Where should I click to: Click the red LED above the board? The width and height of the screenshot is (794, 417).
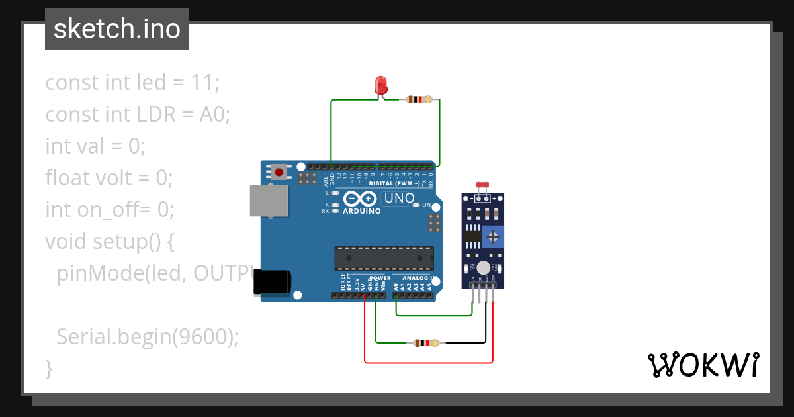(x=380, y=85)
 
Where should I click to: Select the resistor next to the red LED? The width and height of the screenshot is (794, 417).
(x=420, y=100)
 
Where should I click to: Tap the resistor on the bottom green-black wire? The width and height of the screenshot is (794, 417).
(x=425, y=343)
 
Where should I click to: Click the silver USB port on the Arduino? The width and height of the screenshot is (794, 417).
(x=268, y=201)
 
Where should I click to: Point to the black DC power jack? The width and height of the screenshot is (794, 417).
(x=272, y=281)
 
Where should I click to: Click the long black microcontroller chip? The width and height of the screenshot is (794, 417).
(x=384, y=257)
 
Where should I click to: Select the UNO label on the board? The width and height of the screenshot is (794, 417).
(x=399, y=198)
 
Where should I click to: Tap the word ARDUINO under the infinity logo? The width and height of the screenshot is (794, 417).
(x=361, y=212)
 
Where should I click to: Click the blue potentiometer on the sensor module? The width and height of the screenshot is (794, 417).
(x=492, y=235)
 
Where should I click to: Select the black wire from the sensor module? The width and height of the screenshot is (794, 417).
(x=486, y=324)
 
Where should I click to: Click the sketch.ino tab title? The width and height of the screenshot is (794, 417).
(x=117, y=30)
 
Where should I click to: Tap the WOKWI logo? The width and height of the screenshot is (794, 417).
(x=702, y=365)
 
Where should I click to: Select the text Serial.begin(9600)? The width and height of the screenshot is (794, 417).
(x=147, y=337)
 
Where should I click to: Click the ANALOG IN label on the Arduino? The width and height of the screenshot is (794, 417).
(x=415, y=278)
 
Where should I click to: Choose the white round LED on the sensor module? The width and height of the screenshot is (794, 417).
(x=484, y=267)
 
